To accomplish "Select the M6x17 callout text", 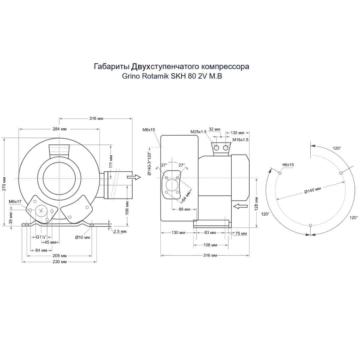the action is point(15,202).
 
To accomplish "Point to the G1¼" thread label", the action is point(41,237).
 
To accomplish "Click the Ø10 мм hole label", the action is point(83,237).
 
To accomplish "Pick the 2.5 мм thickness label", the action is point(120,231).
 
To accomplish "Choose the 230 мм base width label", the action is point(59,262).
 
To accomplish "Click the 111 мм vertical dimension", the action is point(111,161).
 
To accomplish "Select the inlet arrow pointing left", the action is point(240,206).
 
